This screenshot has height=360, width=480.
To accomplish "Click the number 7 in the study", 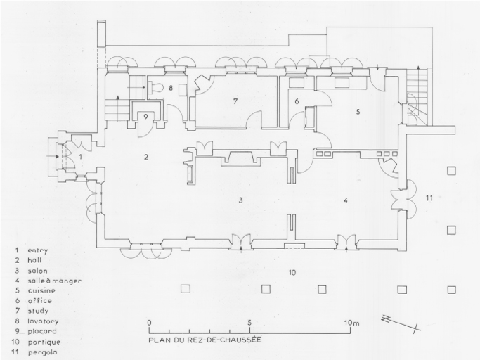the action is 235,101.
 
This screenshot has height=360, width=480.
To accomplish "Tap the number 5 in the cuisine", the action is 358,112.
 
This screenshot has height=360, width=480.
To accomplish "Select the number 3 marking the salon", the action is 241,200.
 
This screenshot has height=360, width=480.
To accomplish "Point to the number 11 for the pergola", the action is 429,198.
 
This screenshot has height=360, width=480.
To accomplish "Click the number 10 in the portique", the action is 292,272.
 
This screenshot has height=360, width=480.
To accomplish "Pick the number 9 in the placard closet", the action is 145,117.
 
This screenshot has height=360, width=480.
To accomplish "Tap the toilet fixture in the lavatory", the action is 155,87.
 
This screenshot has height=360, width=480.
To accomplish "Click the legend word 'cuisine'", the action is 41,290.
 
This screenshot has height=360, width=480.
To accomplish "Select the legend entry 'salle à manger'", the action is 55,281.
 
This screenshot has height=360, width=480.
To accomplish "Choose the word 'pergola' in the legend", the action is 43,353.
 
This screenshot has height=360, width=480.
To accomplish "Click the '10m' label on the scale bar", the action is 351,323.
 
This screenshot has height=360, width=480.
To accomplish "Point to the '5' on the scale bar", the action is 249,323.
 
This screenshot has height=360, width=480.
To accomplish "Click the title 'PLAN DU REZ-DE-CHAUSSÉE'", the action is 205,340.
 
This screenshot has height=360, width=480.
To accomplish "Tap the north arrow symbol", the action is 401,323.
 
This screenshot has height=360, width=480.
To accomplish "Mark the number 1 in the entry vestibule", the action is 81,157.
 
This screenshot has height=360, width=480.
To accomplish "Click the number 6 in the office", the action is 297,101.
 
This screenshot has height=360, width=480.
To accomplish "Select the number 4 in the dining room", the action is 346,200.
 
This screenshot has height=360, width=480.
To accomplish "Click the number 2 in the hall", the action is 146,157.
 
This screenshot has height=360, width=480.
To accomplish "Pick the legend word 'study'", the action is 38,311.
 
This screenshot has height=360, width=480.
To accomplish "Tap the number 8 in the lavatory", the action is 171,88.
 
